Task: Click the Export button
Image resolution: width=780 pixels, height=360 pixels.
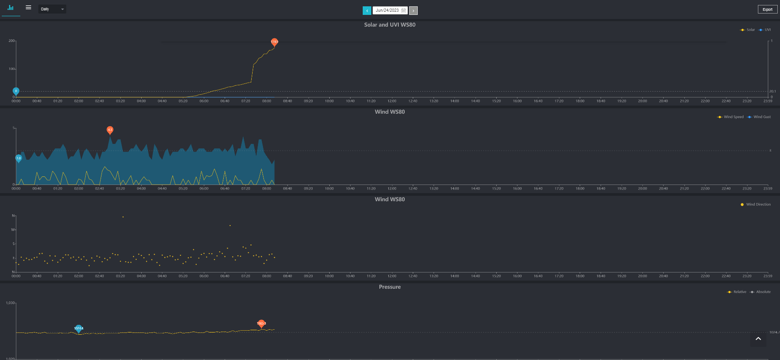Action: [767, 9]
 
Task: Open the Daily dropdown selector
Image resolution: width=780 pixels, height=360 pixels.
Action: [52, 9]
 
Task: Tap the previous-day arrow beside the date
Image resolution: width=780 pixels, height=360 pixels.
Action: [367, 10]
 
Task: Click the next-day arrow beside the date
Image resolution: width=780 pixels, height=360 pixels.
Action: [413, 10]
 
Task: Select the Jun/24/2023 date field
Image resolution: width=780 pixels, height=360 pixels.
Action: [390, 10]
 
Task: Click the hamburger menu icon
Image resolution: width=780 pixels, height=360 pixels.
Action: [28, 8]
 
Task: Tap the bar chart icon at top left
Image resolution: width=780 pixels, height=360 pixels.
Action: [11, 8]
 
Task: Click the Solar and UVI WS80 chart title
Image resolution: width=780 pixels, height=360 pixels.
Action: [390, 25]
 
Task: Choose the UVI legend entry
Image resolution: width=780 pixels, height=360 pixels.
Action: [765, 30]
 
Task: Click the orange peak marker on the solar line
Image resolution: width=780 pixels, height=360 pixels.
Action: [274, 42]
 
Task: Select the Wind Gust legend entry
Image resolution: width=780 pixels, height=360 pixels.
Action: [759, 117]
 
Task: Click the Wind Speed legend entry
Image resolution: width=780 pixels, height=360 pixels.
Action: [731, 117]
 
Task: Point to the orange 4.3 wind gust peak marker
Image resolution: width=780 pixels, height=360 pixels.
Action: [110, 130]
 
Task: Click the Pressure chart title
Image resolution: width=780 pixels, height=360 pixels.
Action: [390, 287]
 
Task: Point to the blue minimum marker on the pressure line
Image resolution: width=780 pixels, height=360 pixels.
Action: [78, 328]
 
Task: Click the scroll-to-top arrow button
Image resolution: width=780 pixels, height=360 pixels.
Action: [758, 339]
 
